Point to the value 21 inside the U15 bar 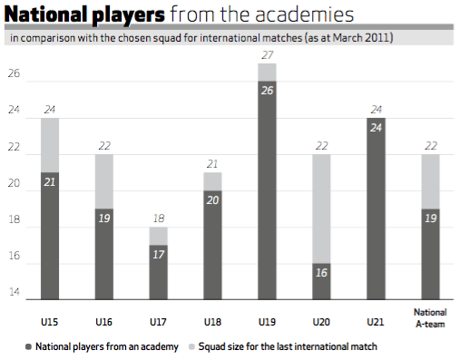(x=50, y=182)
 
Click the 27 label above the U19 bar (x=267, y=55)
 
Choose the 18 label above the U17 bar (x=158, y=219)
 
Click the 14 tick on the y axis (x=15, y=292)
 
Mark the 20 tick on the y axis (x=15, y=183)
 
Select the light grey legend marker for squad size (x=193, y=345)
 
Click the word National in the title (x=44, y=17)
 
